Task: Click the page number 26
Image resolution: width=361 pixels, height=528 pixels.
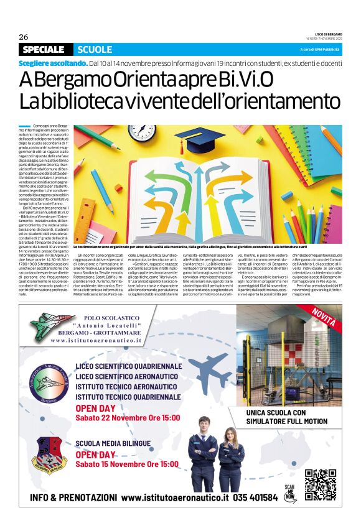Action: coord(24,36)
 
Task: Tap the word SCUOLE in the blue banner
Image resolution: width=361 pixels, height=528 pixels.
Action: coord(95,50)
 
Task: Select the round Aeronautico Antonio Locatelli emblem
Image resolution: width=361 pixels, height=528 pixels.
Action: coord(49,382)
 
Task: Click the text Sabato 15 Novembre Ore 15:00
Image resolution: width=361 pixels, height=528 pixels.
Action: coord(128,464)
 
